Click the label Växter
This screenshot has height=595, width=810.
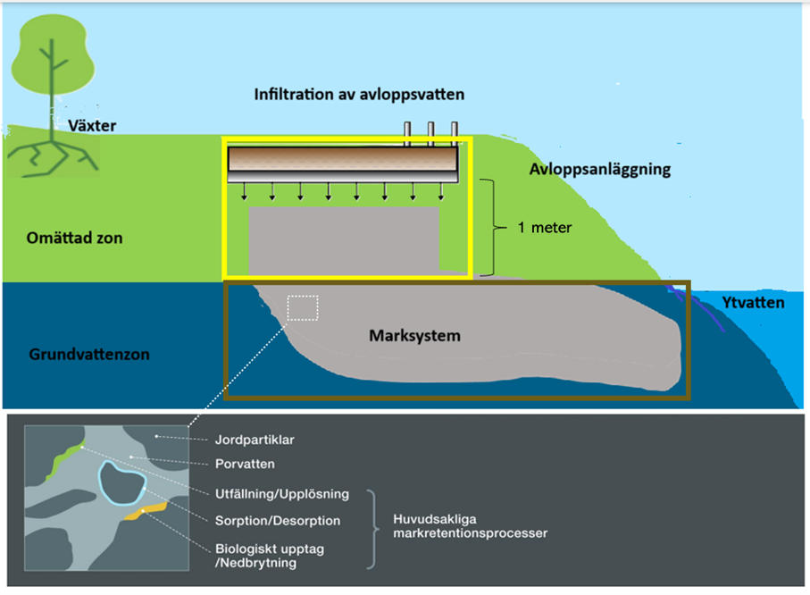coord(92,126)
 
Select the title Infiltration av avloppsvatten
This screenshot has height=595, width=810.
coord(359,94)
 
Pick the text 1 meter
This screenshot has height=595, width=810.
coord(545,228)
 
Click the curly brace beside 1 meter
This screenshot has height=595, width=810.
coord(489,228)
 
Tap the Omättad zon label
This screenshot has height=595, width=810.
coord(76,239)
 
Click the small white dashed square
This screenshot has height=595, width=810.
coord(303,306)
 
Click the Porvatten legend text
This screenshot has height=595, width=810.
coord(245,464)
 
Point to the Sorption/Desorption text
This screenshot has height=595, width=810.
coord(278,520)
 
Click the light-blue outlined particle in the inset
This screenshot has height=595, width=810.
coord(121,483)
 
